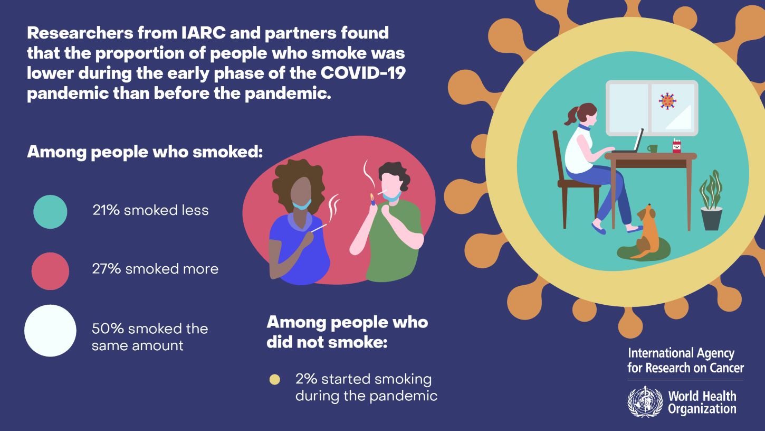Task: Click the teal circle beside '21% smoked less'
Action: click(x=50, y=212)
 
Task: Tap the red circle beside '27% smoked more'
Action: click(x=50, y=271)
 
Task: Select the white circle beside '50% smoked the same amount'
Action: click(x=50, y=331)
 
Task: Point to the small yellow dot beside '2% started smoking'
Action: click(x=274, y=379)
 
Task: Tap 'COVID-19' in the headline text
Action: click(x=363, y=73)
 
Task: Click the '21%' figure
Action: click(x=106, y=210)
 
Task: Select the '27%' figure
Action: click(x=107, y=269)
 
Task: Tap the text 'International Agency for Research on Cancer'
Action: click(x=685, y=360)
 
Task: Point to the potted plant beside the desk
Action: click(x=711, y=200)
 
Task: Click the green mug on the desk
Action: click(x=652, y=148)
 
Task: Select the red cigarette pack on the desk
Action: click(x=676, y=146)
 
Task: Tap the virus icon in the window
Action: click(x=667, y=101)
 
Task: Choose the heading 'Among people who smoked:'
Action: click(x=145, y=152)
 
